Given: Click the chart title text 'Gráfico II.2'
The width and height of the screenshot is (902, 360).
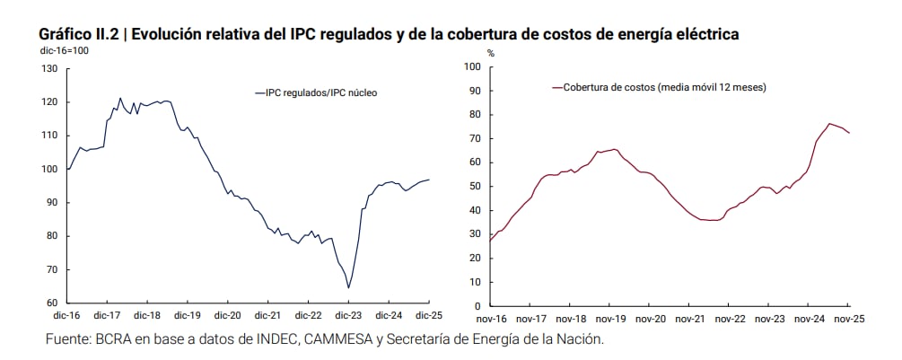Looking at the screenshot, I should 78,34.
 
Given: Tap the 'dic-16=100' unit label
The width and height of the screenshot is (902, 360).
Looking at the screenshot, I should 64,50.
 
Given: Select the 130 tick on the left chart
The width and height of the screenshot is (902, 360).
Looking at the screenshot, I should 49,68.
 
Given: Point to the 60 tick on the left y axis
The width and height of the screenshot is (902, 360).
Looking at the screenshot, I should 52,303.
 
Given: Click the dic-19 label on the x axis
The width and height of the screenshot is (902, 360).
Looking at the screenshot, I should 188,316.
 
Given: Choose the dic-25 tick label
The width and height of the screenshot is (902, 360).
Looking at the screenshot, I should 427,316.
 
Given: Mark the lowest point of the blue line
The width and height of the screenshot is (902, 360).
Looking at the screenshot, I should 348,288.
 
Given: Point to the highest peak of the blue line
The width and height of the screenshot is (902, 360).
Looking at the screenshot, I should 120,98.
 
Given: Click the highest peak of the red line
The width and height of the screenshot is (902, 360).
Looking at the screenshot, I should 828,124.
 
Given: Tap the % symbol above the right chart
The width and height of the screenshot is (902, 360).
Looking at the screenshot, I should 490,54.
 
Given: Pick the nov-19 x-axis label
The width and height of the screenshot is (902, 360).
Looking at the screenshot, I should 610,319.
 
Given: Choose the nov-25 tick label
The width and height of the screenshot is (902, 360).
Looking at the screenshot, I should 848,319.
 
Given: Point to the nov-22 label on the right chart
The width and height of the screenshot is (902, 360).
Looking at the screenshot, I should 730,319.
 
